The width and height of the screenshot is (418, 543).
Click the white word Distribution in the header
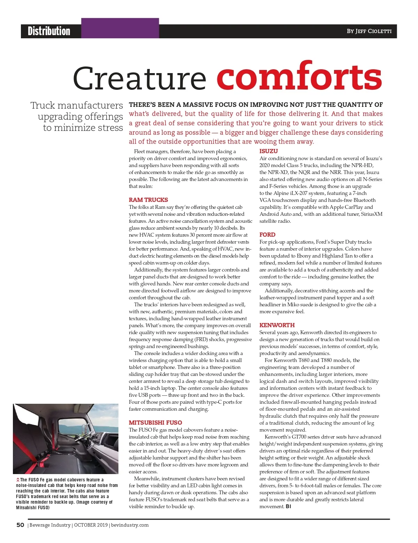49,31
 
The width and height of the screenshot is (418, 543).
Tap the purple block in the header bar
120,28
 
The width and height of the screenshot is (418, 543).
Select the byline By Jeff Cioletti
369,31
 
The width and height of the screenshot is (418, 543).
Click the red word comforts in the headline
299,77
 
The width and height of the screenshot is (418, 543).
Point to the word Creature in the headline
139,79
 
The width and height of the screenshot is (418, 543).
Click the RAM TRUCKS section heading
148,200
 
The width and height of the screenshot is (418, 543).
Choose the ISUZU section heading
269,151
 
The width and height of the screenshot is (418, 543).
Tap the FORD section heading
267,235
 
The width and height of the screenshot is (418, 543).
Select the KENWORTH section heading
277,325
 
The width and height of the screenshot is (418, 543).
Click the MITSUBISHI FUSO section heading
155,423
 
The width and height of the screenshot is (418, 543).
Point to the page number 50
20,525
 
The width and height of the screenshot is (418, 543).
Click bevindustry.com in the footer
130,525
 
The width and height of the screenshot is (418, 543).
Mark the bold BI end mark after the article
288,506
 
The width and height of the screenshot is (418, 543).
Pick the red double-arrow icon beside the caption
18,480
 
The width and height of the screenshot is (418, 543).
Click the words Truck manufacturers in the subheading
77,105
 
